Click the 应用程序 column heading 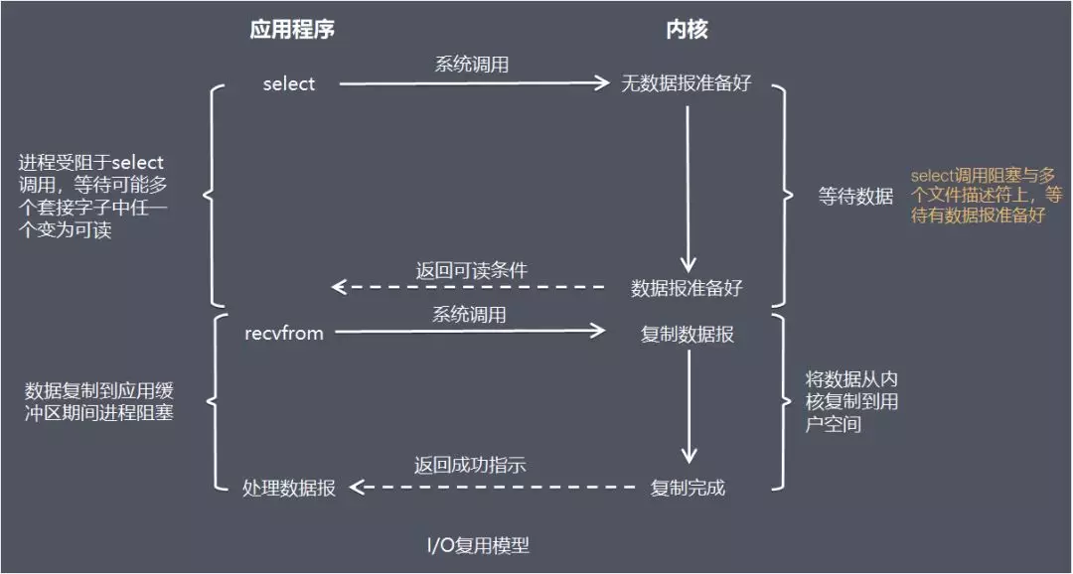292,30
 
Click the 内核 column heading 687,30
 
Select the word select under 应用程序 288,84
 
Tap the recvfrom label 284,334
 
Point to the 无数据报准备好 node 687,84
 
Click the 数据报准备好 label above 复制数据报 687,288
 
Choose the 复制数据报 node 688,335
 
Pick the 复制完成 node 688,488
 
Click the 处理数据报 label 289,488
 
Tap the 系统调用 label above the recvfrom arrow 469,315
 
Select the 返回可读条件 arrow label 471,270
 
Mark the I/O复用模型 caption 478,545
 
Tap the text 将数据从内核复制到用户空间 851,401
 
